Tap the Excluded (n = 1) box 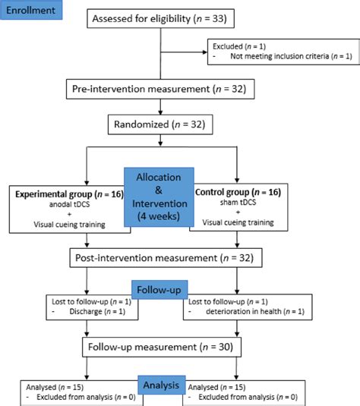point(280,52)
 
